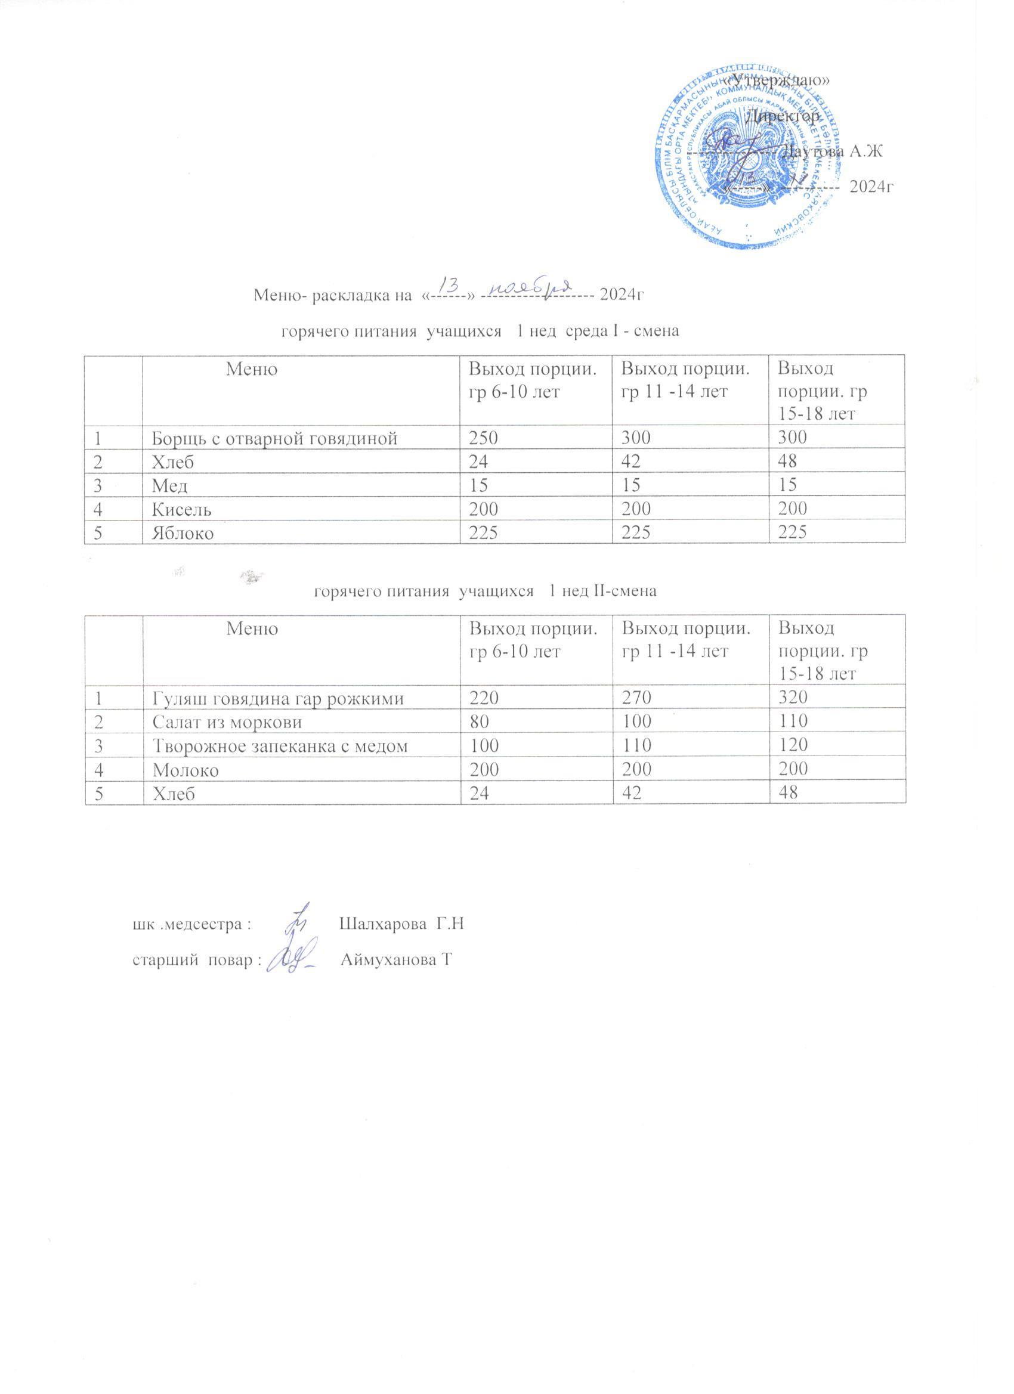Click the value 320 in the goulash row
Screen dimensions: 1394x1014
click(x=793, y=697)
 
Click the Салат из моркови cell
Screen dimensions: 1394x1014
click(x=227, y=721)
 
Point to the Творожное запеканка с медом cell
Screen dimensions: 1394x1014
click(x=280, y=745)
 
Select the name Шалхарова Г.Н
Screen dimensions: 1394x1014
click(x=400, y=924)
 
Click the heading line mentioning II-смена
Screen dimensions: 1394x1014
click(x=485, y=591)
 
